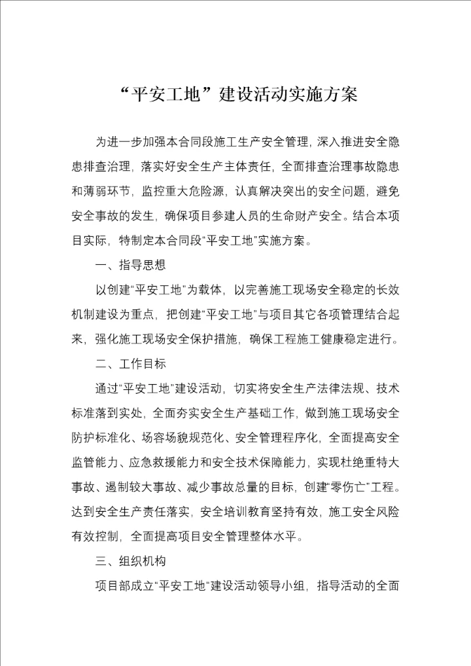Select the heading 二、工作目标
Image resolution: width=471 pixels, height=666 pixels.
pyautogui.click(x=131, y=363)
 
